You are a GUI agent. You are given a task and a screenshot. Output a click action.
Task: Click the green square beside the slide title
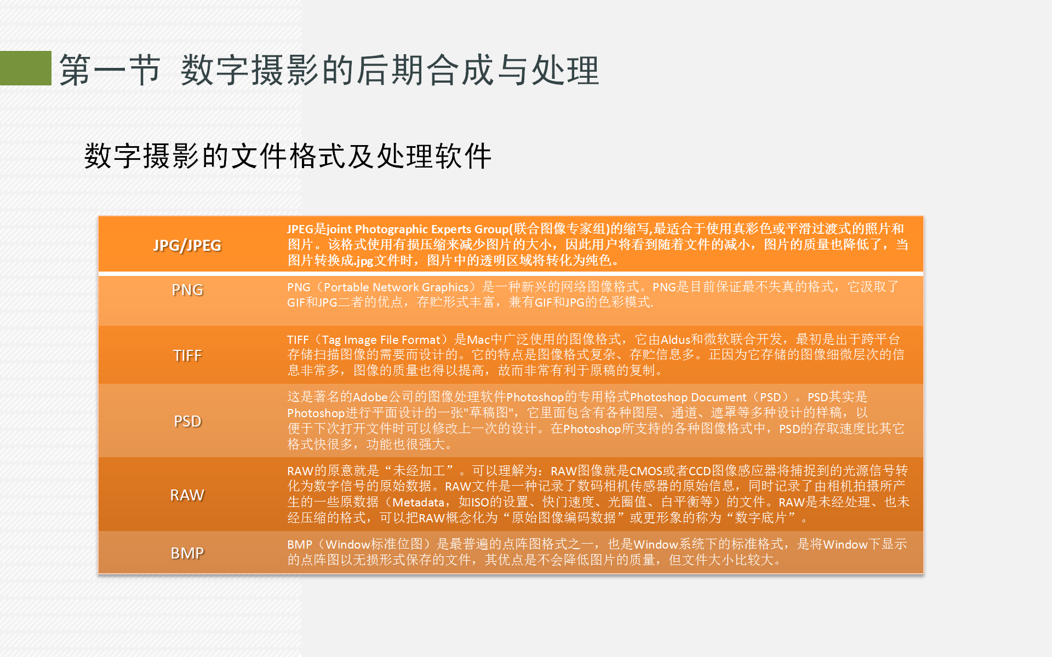pyautogui.click(x=26, y=68)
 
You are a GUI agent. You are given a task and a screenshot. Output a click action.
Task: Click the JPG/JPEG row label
pyautogui.click(x=187, y=245)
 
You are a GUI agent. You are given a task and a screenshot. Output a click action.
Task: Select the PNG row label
pyautogui.click(x=187, y=290)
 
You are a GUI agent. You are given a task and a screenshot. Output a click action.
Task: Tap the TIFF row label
pyautogui.click(x=187, y=355)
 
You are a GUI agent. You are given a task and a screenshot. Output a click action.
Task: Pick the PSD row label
pyautogui.click(x=187, y=421)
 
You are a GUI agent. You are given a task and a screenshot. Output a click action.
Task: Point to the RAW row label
pyautogui.click(x=187, y=495)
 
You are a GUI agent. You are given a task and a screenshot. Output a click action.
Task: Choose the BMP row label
pyautogui.click(x=187, y=553)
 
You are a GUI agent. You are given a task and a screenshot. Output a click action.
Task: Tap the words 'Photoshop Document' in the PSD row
pyautogui.click(x=688, y=397)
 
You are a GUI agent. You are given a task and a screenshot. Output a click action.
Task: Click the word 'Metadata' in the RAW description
pyautogui.click(x=419, y=503)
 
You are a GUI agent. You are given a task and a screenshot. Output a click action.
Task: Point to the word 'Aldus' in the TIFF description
pyautogui.click(x=676, y=340)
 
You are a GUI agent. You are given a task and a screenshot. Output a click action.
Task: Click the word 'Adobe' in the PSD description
pyautogui.click(x=370, y=397)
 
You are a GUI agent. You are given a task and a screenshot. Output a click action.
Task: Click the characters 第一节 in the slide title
pyautogui.click(x=110, y=70)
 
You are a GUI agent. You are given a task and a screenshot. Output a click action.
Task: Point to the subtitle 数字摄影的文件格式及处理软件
pyautogui.click(x=288, y=156)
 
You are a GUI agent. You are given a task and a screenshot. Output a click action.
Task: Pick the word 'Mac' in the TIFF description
pyautogui.click(x=478, y=340)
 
